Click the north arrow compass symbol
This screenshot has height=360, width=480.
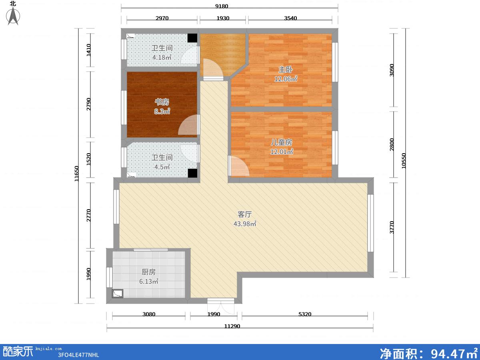[x=13, y=16]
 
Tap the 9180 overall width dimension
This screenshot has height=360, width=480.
[x=222, y=6]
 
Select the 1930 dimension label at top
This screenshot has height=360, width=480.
[x=223, y=18]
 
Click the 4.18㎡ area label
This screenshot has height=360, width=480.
[x=162, y=58]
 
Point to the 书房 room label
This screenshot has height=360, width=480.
[x=162, y=102]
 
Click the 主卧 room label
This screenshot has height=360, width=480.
[x=285, y=70]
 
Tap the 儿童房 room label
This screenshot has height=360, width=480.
[x=282, y=142]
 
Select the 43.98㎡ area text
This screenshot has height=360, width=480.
[x=245, y=224]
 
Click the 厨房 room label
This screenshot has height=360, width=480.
[x=149, y=272]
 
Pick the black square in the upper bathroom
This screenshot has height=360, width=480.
[x=192, y=38]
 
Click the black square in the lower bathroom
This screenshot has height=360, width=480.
[x=192, y=173]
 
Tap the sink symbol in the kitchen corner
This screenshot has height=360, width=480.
[x=118, y=294]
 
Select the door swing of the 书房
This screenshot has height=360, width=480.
[x=188, y=125]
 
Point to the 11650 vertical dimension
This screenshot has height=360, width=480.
[x=76, y=174]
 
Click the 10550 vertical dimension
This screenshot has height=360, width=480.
[x=404, y=161]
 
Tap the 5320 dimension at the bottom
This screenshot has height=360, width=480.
[x=305, y=314]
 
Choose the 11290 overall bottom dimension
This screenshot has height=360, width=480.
[x=232, y=326]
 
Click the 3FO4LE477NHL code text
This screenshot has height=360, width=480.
[x=78, y=355]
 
